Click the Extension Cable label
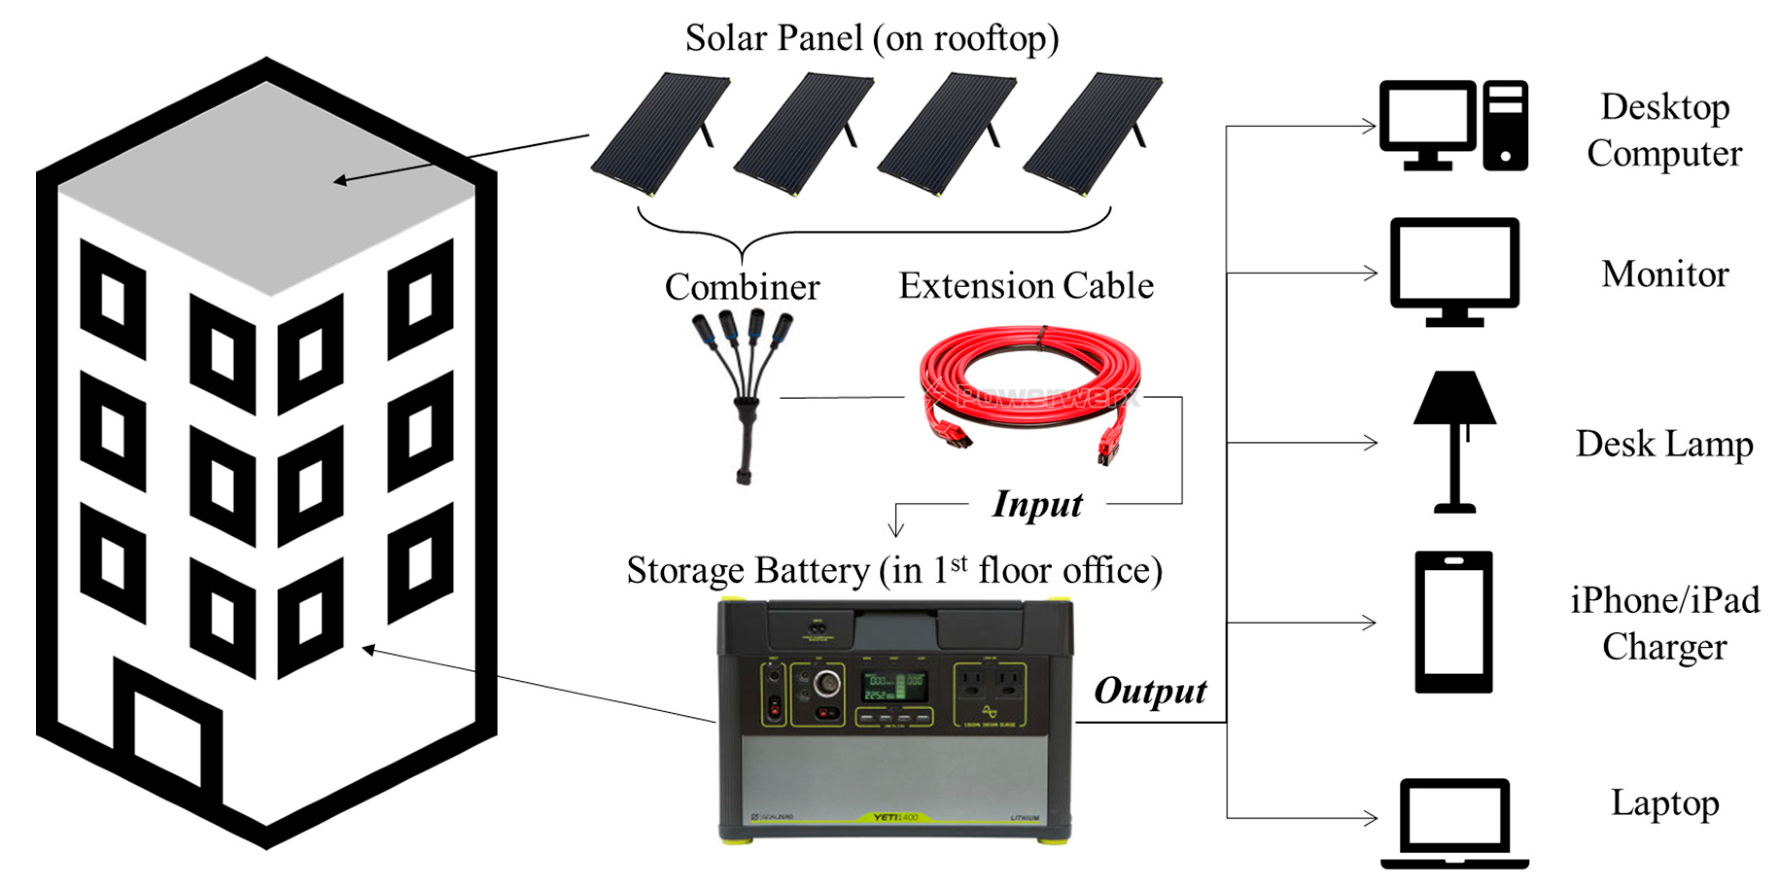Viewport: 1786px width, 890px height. tap(1025, 285)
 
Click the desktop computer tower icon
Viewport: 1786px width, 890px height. tap(1505, 125)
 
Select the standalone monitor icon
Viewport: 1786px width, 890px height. tap(1454, 271)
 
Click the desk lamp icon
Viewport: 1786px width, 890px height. tap(1454, 440)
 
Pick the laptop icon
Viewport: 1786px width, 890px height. tap(1454, 822)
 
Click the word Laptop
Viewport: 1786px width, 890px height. tap(1664, 803)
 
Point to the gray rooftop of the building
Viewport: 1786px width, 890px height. tap(267, 187)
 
